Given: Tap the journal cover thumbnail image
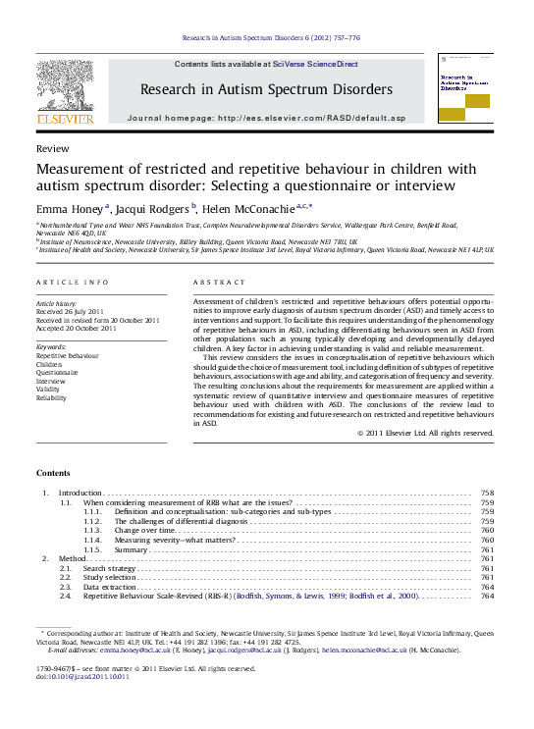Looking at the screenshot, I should coord(465,89).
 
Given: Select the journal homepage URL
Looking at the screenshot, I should coord(311,118).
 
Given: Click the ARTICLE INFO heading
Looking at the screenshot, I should coord(73,283).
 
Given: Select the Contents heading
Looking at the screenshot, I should coord(53,471).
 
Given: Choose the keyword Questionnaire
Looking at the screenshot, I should coord(57,372).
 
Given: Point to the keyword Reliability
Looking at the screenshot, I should coord(52,398).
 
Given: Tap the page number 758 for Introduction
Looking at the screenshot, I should coord(487,492).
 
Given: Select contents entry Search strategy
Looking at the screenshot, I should coord(109,568).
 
